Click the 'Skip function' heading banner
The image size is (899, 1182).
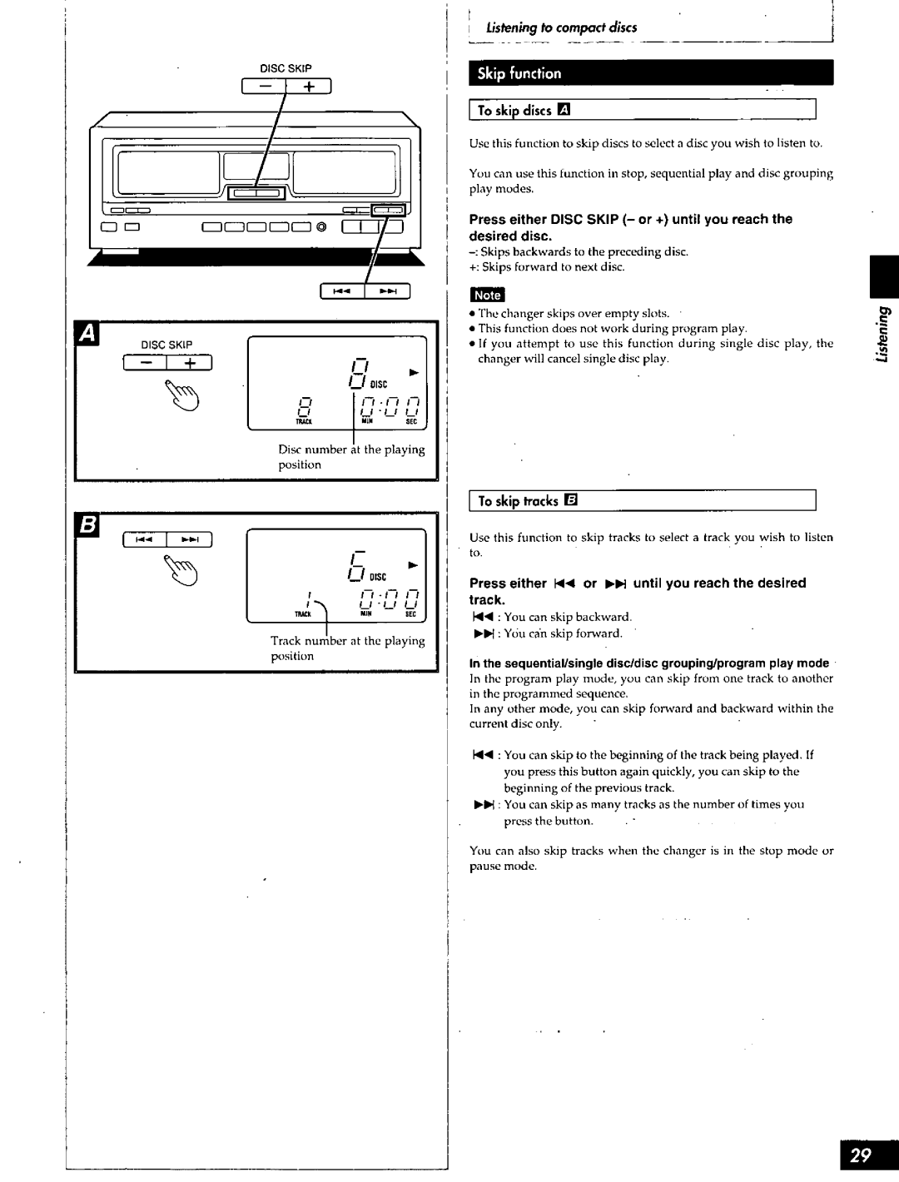pyautogui.click(x=652, y=73)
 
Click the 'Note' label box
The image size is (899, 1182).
pyautogui.click(x=487, y=295)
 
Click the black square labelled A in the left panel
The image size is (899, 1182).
pyautogui.click(x=87, y=335)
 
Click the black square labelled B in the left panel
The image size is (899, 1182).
pyautogui.click(x=87, y=526)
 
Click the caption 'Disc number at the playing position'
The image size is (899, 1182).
pyautogui.click(x=350, y=456)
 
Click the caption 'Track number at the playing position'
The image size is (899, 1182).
pyautogui.click(x=347, y=648)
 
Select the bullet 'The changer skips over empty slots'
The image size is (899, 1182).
pyautogui.click(x=574, y=314)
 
